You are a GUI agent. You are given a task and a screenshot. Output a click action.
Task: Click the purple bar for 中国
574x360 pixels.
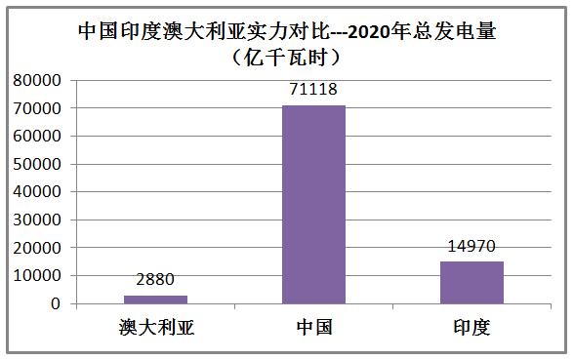(x=313, y=204)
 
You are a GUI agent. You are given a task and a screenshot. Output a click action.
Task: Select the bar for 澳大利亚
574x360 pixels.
(x=155, y=300)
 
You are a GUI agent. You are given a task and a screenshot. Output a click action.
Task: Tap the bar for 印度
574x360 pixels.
(x=471, y=283)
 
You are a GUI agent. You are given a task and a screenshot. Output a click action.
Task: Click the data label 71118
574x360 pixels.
(x=313, y=90)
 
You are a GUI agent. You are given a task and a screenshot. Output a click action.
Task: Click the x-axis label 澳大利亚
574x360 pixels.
(x=155, y=327)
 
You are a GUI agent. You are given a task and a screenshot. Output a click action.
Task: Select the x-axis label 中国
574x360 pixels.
(x=313, y=327)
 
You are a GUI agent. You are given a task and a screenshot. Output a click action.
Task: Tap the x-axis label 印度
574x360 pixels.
(x=471, y=327)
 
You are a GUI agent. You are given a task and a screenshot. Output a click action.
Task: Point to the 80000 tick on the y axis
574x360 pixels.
(x=39, y=80)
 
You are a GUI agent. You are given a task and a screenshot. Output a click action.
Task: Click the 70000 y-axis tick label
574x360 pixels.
(x=39, y=108)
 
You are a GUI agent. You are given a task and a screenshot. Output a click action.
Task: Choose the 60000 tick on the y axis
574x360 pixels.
(x=39, y=137)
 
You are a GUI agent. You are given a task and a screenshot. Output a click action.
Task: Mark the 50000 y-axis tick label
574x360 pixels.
(x=39, y=165)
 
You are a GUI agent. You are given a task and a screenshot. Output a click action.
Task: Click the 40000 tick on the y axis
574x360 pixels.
(x=39, y=192)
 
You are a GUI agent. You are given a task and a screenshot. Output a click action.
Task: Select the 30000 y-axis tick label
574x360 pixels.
(x=39, y=220)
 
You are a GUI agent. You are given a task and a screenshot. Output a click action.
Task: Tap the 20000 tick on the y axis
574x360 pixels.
(x=39, y=249)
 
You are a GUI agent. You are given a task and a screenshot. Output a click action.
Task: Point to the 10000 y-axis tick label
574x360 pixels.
(x=39, y=277)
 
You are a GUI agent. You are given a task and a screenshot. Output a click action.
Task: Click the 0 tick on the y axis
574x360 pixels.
(x=58, y=304)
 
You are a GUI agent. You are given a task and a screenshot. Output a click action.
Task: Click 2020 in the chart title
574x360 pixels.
(x=375, y=31)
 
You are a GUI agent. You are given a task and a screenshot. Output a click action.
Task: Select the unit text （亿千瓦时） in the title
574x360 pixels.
(x=287, y=57)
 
